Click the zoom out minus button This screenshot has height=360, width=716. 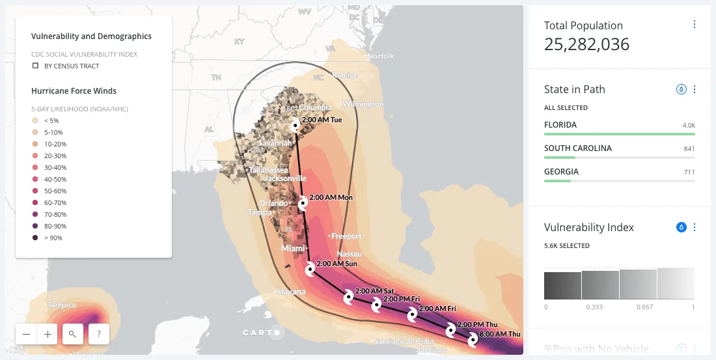tap(26, 334)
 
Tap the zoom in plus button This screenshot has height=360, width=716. tap(48, 334)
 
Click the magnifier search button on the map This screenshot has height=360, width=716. tap(73, 334)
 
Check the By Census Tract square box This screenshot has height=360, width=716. tap(36, 66)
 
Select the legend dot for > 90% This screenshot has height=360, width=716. tap(35, 238)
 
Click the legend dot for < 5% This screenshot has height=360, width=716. tap(35, 120)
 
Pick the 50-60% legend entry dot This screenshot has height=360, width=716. tap(35, 191)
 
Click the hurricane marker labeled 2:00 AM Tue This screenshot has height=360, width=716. tap(296, 124)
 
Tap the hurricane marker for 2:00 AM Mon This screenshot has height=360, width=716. tap(303, 204)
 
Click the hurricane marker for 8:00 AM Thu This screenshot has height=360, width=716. tap(473, 339)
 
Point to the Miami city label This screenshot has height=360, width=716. tap(293, 249)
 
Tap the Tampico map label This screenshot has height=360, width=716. tap(61, 305)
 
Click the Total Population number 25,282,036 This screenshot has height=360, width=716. tap(586, 44)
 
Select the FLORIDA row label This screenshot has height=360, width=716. tap(560, 124)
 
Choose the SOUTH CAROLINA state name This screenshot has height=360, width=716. tap(578, 148)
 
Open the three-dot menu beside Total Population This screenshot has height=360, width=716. tap(694, 25)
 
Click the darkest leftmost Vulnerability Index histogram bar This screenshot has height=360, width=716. tap(562, 285)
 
